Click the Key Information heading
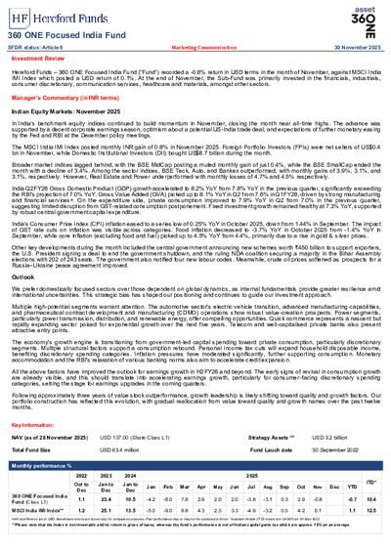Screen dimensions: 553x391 34,426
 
